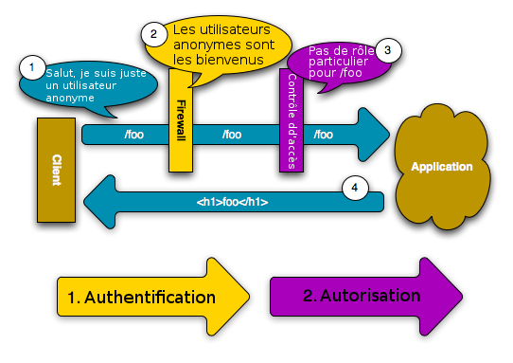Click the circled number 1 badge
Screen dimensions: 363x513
(x=31, y=67)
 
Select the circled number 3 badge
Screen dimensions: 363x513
(x=386, y=50)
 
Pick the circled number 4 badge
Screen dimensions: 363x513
(x=355, y=188)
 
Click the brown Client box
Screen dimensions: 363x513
(x=56, y=171)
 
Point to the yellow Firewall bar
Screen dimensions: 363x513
(x=181, y=119)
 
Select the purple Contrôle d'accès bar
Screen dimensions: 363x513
(x=290, y=119)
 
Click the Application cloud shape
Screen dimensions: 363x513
(x=440, y=167)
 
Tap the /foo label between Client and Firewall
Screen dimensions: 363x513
(x=134, y=135)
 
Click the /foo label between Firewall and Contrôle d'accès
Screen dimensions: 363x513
(x=232, y=135)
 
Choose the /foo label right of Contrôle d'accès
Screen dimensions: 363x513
(x=323, y=135)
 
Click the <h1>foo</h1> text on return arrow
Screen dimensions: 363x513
(x=232, y=202)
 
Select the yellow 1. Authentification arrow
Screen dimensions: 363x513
(x=151, y=297)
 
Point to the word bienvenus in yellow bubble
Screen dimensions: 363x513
(x=237, y=61)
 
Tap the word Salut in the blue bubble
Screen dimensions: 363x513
(x=61, y=73)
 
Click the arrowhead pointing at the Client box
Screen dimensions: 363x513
(x=102, y=201)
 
